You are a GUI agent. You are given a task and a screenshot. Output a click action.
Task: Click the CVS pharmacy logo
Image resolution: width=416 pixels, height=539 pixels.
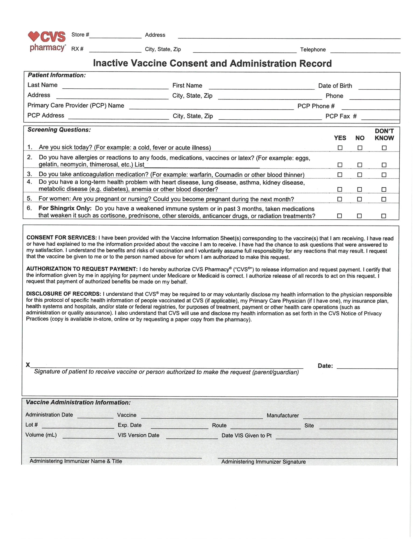pyautogui.click(x=47, y=41)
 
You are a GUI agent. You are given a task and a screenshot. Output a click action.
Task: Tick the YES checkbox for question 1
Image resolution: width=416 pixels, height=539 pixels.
pyautogui.click(x=340, y=148)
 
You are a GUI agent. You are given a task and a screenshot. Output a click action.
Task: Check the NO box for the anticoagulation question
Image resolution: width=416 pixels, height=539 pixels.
pyautogui.click(x=359, y=175)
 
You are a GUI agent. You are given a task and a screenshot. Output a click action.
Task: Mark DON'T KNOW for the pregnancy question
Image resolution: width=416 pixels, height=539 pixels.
pyautogui.click(x=384, y=199)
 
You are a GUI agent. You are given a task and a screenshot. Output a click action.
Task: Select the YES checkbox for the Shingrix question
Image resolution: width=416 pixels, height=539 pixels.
pyautogui.click(x=340, y=216)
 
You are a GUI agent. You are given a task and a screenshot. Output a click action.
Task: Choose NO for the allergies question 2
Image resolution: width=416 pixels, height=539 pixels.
pyautogui.click(x=360, y=165)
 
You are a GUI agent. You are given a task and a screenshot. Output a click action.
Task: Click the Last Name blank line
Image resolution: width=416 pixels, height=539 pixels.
pyautogui.click(x=115, y=86)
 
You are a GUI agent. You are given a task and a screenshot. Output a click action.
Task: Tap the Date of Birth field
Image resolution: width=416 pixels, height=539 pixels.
pyautogui.click(x=379, y=87)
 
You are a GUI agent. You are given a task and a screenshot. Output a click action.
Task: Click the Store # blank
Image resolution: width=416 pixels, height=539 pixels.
pyautogui.click(x=115, y=36)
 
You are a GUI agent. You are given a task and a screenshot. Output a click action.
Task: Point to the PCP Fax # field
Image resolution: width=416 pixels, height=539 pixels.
pyautogui.click(x=380, y=117)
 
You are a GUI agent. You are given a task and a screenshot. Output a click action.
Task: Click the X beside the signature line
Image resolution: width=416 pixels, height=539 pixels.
pyautogui.click(x=28, y=365)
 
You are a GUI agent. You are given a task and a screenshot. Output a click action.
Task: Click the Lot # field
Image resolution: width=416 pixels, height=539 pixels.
pyautogui.click(x=78, y=426)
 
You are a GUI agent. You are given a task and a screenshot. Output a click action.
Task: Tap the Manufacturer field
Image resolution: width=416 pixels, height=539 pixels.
pyautogui.click(x=350, y=416)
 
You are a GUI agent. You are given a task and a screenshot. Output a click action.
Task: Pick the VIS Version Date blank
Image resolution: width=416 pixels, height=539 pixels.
pyautogui.click(x=192, y=436)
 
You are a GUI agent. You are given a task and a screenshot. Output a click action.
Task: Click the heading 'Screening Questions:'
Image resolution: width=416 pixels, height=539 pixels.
pyautogui.click(x=59, y=130)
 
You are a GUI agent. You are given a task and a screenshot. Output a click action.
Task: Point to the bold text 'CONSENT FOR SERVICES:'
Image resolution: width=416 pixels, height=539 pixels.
pyautogui.click(x=61, y=238)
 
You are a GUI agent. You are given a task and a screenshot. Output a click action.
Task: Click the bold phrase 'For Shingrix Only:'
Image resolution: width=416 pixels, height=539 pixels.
pyautogui.click(x=65, y=208)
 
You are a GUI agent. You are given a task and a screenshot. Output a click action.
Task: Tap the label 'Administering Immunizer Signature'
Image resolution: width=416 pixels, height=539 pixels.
pyautogui.click(x=263, y=462)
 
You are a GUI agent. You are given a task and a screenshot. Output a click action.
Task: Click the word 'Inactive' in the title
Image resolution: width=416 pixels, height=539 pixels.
pyautogui.click(x=110, y=63)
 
